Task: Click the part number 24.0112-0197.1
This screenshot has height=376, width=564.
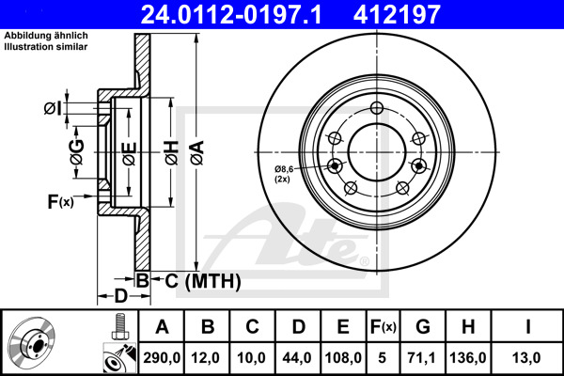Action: [x=230, y=14]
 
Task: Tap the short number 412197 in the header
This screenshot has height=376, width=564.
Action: [x=397, y=14]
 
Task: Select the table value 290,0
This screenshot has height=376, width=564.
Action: [x=162, y=357]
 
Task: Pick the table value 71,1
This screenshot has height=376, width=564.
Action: [x=421, y=357]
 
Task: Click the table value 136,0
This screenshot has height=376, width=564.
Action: [x=468, y=357]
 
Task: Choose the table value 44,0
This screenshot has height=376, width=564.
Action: [x=297, y=357]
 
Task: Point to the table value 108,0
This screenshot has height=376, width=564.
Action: [x=343, y=357]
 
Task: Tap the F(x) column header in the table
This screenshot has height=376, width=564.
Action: [x=384, y=327]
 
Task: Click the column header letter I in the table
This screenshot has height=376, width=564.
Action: [x=527, y=327]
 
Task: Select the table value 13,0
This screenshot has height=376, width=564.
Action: [x=526, y=357]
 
